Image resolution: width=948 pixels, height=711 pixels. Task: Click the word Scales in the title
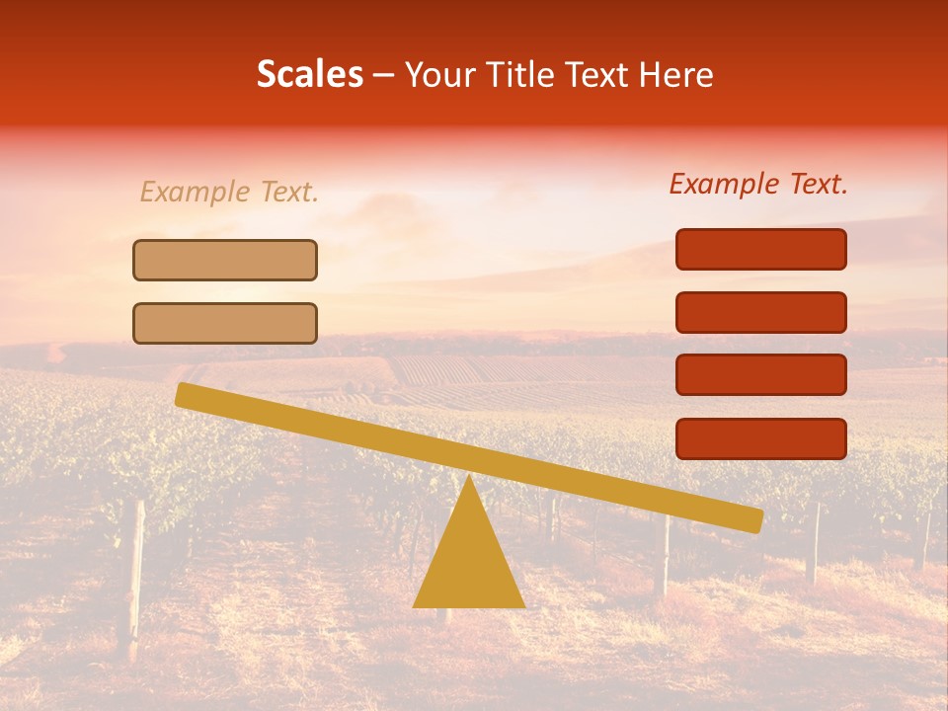[309, 74]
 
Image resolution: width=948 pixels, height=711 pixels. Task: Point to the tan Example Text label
[229, 193]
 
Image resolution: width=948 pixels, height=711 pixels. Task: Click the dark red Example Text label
[758, 184]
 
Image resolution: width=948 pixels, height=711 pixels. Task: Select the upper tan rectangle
[225, 260]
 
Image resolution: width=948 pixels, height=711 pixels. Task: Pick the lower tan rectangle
[225, 323]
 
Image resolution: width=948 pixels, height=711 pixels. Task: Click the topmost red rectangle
[761, 249]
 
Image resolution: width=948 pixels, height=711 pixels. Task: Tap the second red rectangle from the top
[761, 312]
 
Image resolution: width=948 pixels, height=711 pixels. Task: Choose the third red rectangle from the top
[761, 375]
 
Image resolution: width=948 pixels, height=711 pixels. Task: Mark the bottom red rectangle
[761, 438]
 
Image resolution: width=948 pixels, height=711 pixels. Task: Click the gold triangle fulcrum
[468, 563]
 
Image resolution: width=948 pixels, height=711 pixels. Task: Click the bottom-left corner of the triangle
[415, 605]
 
